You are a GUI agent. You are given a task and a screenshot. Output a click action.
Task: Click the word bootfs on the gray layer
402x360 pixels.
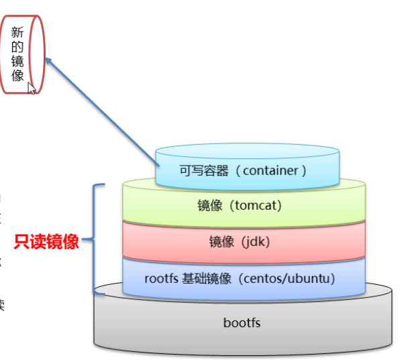tap(242, 322)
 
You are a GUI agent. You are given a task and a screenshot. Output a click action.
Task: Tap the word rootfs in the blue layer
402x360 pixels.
tap(161, 279)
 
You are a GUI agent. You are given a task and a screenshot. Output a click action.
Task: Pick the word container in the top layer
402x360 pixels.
tap(270, 171)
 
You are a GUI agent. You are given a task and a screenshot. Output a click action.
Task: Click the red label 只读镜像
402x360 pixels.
tap(46, 241)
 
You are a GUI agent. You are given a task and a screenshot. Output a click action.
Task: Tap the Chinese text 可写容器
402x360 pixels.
tap(204, 171)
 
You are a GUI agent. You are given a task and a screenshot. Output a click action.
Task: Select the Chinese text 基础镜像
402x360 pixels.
tap(207, 279)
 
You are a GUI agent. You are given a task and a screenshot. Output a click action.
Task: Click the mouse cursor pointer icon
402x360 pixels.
tap(32, 88)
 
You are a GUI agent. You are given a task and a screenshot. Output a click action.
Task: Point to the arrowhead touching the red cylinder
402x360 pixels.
tap(48, 60)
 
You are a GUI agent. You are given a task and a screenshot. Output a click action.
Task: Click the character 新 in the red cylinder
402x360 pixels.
tap(17, 32)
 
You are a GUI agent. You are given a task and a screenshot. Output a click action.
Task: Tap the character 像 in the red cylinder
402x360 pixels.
tap(17, 75)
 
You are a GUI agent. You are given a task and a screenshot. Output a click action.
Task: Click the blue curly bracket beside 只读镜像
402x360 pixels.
tap(95, 239)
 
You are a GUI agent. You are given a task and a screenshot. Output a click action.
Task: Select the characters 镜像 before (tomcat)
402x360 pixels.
tap(209, 206)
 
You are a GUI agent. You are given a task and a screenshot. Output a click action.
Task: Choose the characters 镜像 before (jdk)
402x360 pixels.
tap(221, 242)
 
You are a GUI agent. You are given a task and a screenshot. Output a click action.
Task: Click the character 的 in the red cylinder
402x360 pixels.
tap(17, 47)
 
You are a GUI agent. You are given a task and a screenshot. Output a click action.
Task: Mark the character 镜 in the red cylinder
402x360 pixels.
tap(17, 61)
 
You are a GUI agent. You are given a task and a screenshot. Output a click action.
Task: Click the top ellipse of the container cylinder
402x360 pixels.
tap(248, 151)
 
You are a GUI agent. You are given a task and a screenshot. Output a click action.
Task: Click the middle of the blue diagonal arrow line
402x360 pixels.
tap(102, 113)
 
